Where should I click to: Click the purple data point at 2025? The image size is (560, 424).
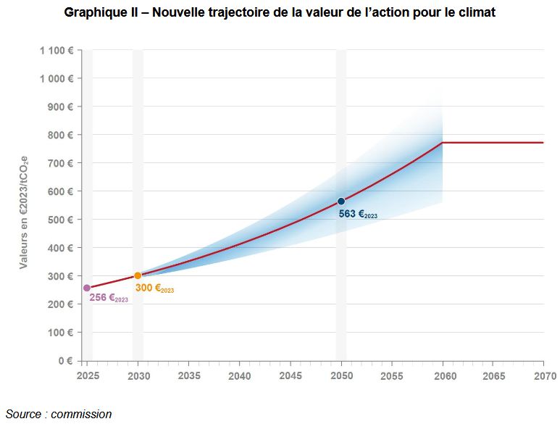click(87, 288)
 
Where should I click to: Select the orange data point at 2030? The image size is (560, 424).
click(138, 275)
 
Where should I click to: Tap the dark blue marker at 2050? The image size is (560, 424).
click(341, 201)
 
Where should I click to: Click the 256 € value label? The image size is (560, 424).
click(109, 298)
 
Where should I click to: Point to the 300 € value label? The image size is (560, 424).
click(154, 288)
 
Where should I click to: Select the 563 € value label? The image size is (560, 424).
click(358, 214)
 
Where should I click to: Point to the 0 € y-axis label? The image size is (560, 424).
click(65, 361)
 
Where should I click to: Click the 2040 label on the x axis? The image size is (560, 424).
click(240, 376)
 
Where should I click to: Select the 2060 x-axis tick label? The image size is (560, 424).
click(443, 376)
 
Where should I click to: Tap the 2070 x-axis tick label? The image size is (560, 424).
click(544, 376)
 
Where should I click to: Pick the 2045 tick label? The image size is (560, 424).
click(291, 376)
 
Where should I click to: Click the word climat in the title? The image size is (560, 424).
click(476, 13)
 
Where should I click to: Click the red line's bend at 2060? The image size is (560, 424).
click(443, 143)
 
